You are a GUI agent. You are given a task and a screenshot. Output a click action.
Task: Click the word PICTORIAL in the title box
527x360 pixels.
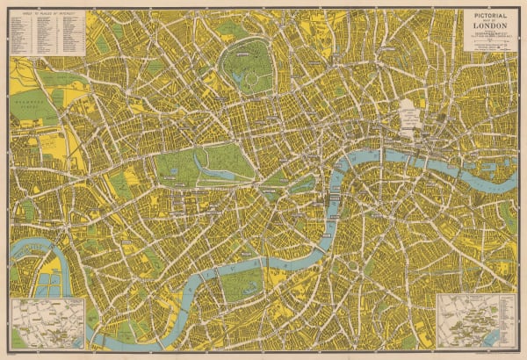click(491, 16)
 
